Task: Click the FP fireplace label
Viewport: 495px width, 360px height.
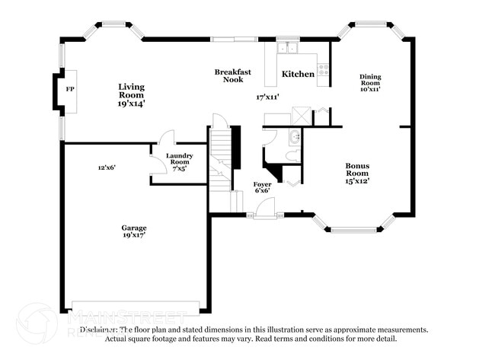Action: click(70, 90)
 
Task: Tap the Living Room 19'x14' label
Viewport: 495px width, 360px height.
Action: click(131, 94)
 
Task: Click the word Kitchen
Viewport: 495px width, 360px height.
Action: click(298, 75)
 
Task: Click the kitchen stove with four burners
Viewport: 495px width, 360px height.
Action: click(323, 70)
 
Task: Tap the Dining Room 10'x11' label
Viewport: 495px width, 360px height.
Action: click(370, 82)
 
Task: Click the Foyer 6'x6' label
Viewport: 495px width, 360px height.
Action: click(262, 187)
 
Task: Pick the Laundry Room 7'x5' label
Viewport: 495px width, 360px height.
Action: click(180, 162)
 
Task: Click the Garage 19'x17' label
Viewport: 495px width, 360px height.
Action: click(134, 231)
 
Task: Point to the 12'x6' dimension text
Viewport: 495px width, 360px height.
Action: click(107, 167)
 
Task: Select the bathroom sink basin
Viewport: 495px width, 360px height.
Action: click(294, 138)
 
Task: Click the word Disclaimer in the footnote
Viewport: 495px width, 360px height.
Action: click(98, 330)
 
